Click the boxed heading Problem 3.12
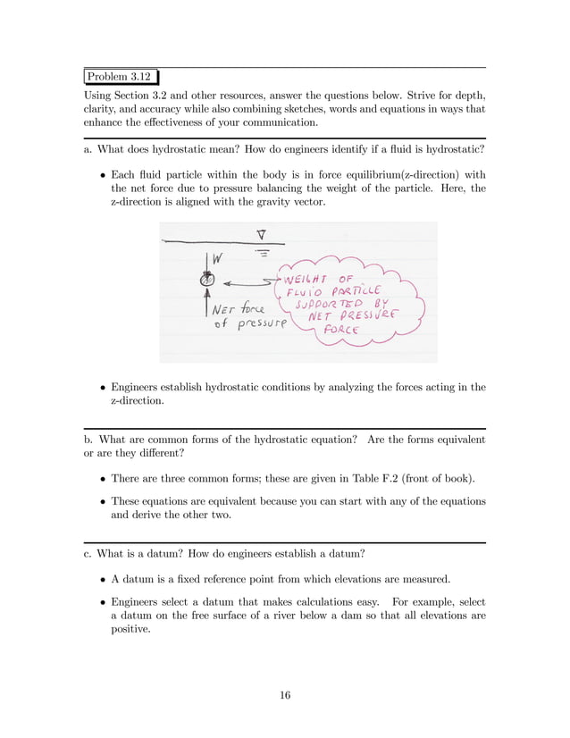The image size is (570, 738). (122, 79)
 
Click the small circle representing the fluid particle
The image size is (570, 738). (207, 280)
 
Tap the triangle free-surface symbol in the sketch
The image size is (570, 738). (261, 236)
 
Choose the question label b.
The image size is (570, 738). (87, 440)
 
